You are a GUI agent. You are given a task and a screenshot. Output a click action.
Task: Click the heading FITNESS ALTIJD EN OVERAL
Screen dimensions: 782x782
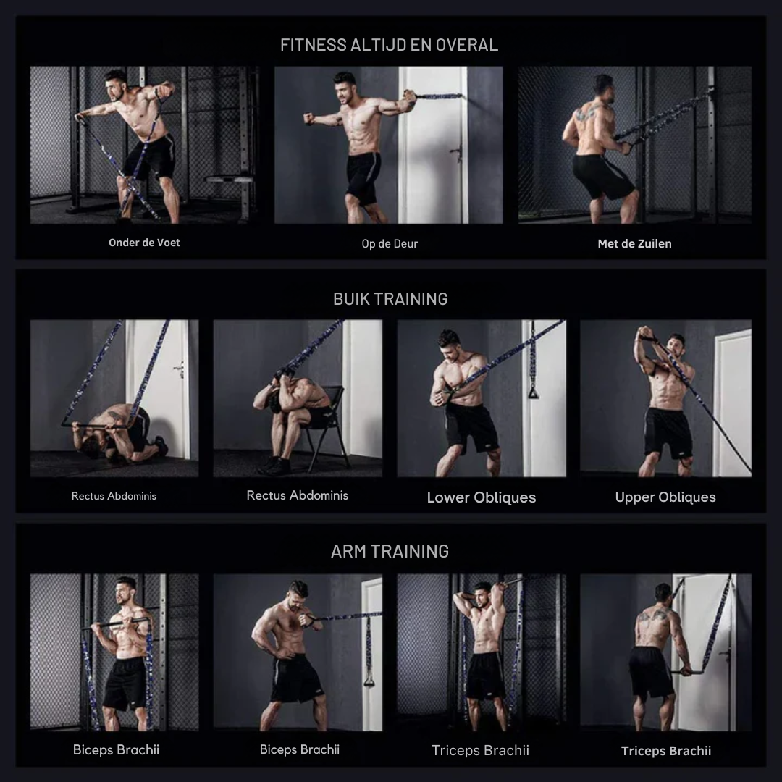tap(390, 45)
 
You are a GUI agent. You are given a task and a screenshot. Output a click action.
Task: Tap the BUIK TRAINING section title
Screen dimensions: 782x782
tap(390, 299)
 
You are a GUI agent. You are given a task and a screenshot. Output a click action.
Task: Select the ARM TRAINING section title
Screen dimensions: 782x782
tap(390, 552)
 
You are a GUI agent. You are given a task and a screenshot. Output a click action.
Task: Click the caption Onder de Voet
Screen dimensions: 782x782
tap(144, 243)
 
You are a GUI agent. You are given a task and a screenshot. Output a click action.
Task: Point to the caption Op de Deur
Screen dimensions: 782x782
tap(390, 244)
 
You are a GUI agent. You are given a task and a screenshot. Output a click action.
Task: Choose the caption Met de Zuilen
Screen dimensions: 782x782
tap(634, 244)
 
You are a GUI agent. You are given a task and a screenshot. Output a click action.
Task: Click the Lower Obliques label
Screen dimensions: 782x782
tap(482, 497)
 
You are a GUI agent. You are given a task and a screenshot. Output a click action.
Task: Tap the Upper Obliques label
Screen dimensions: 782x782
tap(665, 497)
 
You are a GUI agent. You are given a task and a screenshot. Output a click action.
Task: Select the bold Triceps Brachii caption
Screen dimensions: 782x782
tap(666, 751)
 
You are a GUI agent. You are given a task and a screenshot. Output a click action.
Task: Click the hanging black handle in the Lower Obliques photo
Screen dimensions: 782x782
tap(534, 392)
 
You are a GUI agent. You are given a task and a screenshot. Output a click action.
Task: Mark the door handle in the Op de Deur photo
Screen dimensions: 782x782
tap(456, 152)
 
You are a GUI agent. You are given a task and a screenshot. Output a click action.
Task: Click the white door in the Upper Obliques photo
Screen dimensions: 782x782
tap(732, 398)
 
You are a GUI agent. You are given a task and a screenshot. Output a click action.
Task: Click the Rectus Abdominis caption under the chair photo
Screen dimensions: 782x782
tap(297, 496)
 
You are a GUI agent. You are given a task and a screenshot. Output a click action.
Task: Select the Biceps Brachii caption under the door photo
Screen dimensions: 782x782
tap(299, 750)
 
